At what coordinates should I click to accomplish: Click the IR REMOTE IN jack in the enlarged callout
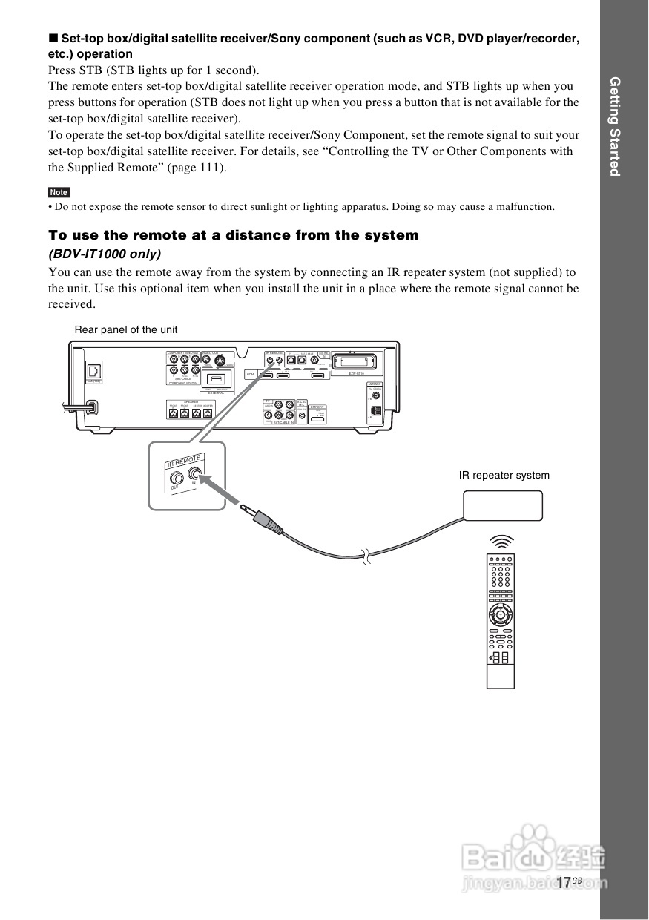click(x=197, y=476)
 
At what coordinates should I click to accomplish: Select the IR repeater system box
click(x=503, y=506)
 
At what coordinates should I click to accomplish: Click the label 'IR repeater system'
click(x=504, y=475)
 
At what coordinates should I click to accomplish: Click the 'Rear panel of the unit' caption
click(x=126, y=329)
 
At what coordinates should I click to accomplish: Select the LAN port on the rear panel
click(x=93, y=370)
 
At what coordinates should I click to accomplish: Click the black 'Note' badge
click(x=59, y=192)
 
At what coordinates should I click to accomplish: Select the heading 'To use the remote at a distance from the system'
click(x=234, y=235)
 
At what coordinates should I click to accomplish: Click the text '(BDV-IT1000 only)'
click(x=105, y=254)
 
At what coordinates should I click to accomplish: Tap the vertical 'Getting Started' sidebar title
click(x=615, y=126)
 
